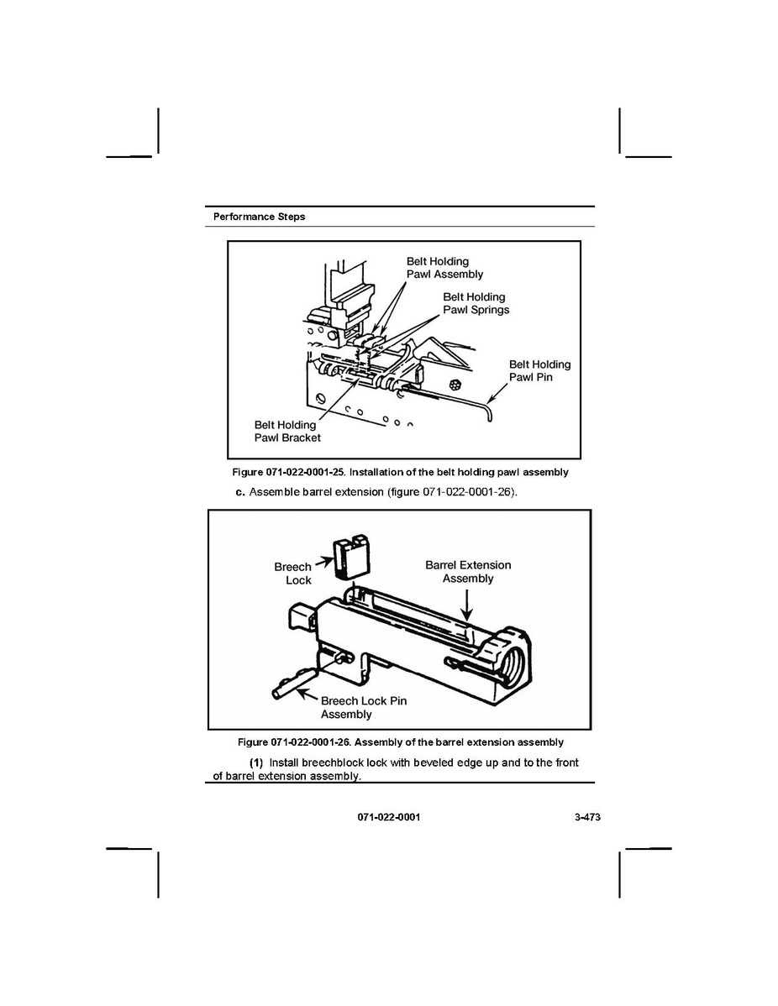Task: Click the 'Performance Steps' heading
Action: click(259, 217)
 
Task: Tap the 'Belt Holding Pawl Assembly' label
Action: click(444, 268)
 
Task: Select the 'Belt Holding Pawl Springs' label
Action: click(476, 303)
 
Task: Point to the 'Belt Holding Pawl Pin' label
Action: click(539, 370)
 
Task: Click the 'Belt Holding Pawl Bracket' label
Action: click(287, 431)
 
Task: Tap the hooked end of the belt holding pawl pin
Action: click(490, 413)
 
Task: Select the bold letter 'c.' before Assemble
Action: click(240, 491)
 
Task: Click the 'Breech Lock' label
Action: click(293, 574)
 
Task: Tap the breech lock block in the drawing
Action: click(350, 558)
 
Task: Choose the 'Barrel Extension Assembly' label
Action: click(468, 572)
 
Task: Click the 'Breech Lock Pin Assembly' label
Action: click(363, 707)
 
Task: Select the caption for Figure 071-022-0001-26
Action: click(401, 742)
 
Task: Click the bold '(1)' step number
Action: click(256, 762)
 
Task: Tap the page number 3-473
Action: click(580, 817)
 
